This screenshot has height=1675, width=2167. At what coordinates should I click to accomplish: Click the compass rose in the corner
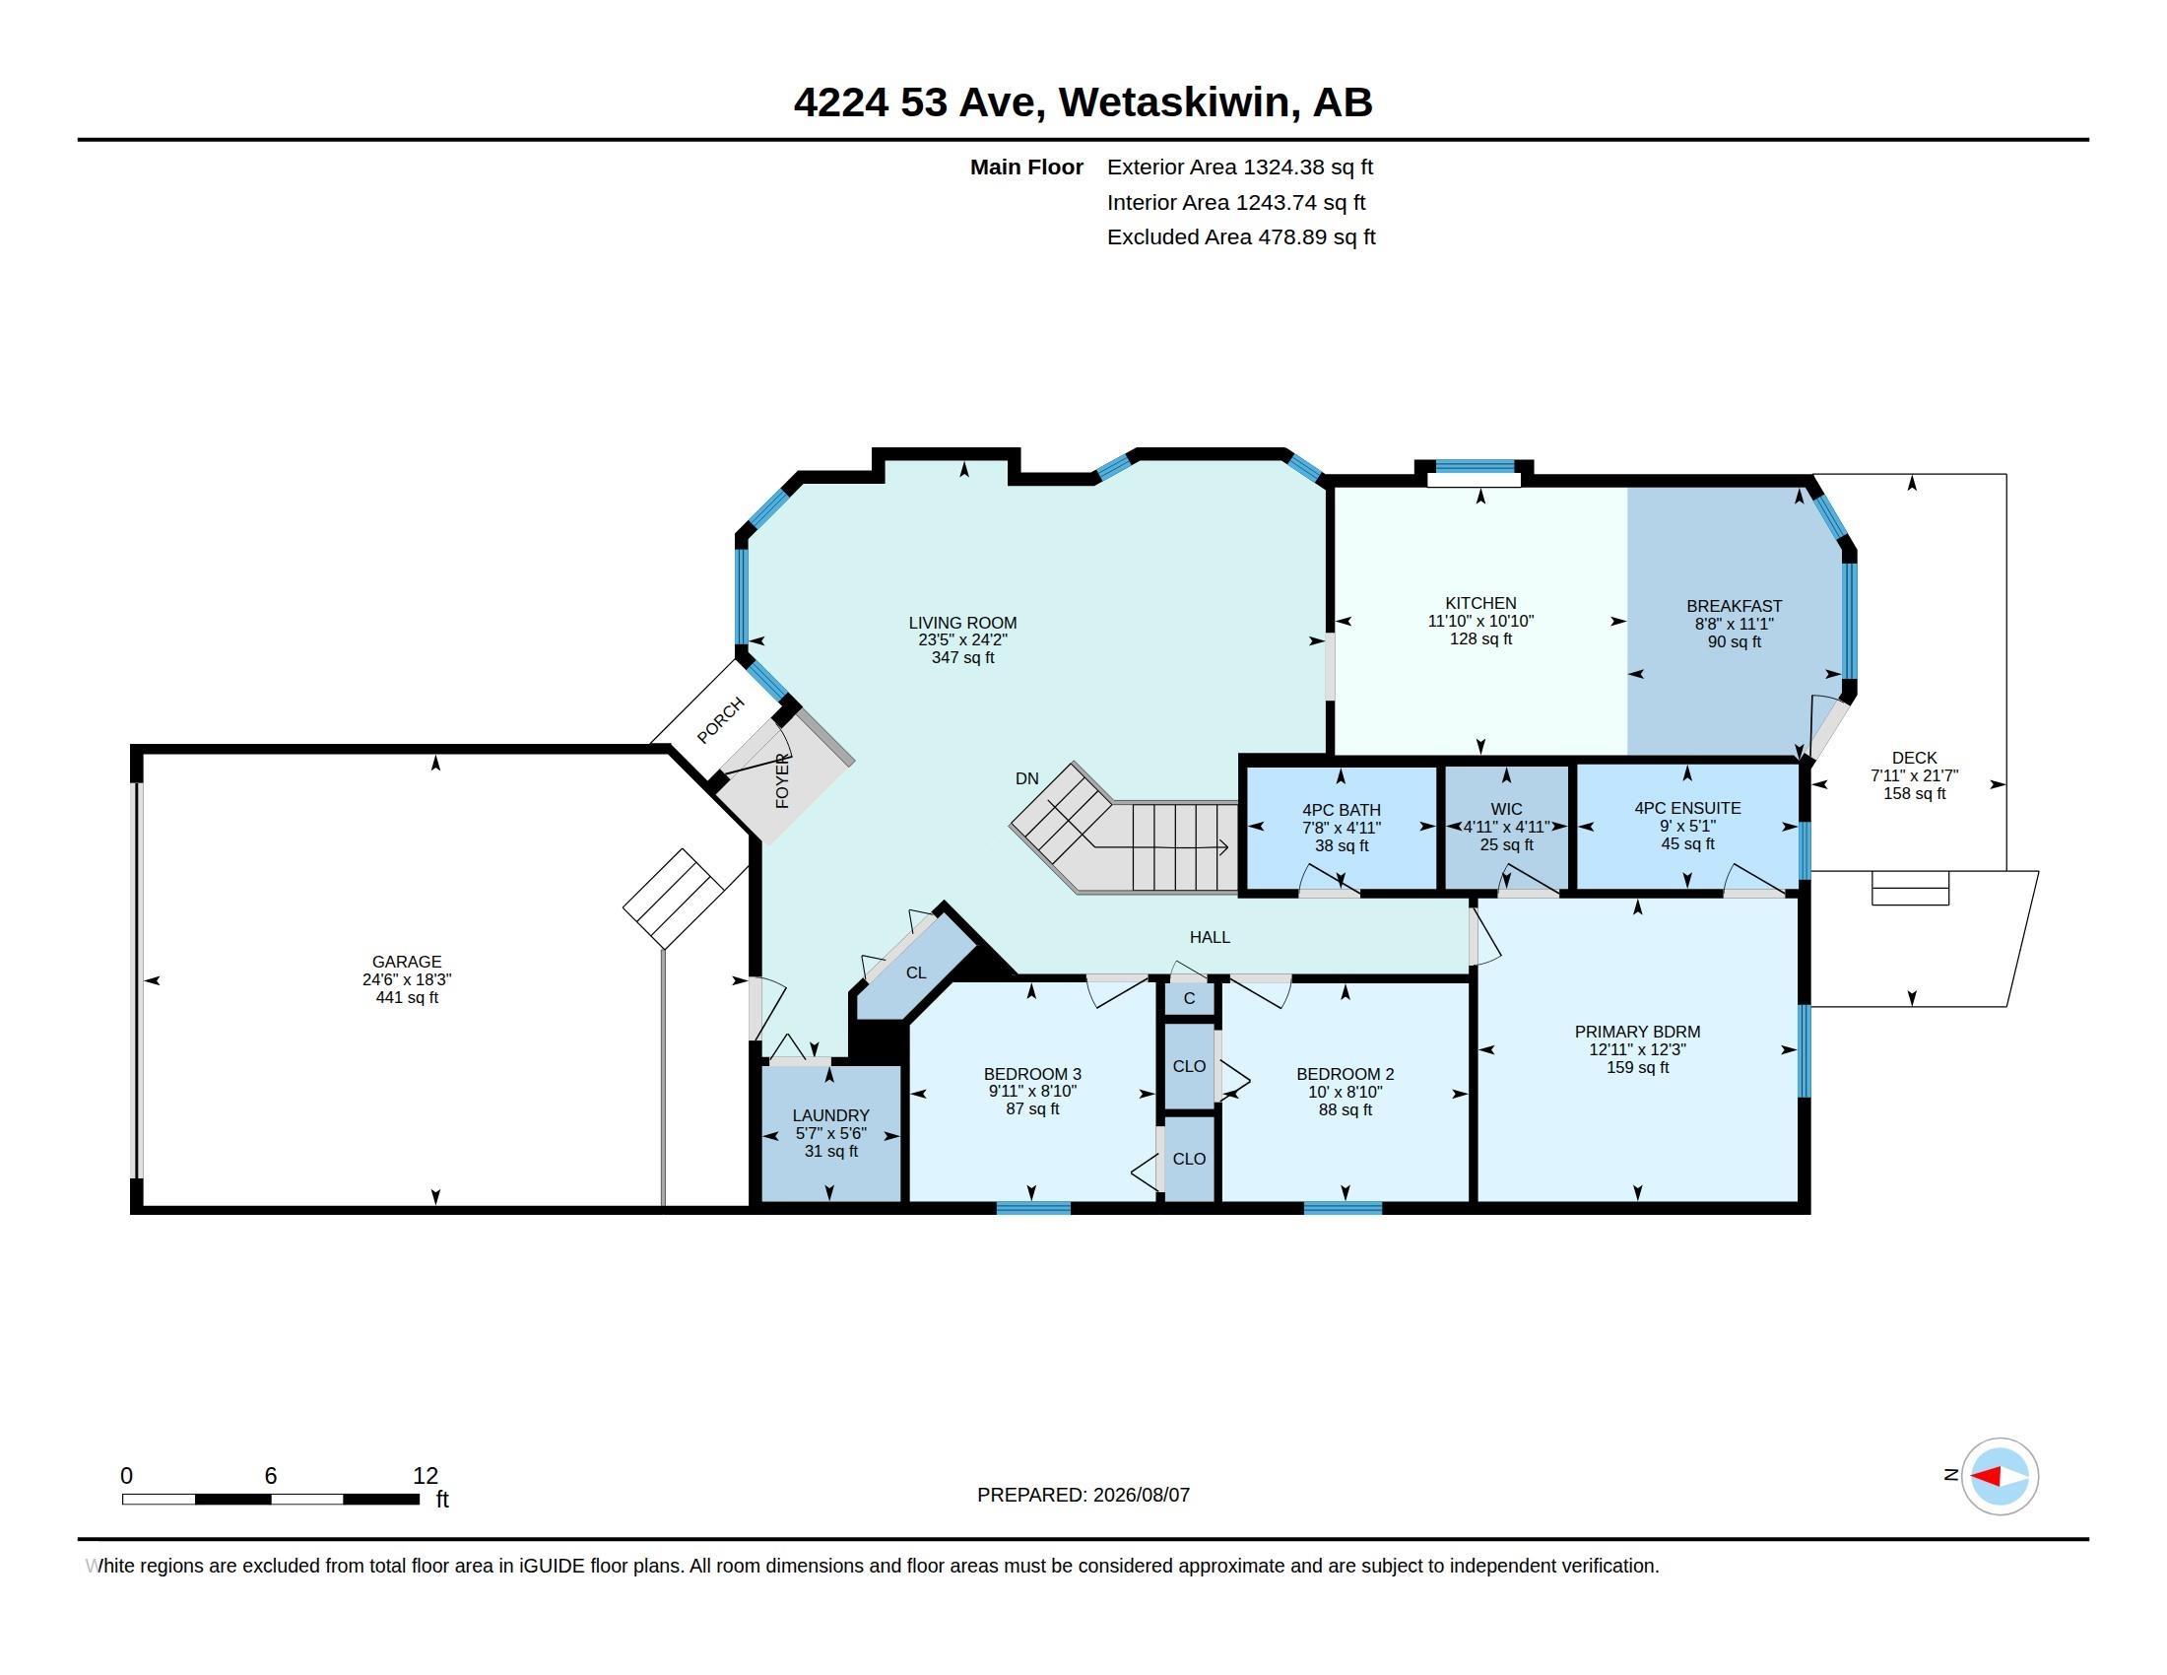click(x=1999, y=1476)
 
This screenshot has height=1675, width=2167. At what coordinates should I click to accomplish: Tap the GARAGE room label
click(x=407, y=962)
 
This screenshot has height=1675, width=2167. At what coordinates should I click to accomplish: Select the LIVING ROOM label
click(x=962, y=623)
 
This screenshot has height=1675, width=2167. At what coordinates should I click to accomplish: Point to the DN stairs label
click(x=1027, y=779)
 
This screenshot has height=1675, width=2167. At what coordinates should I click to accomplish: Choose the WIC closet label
click(x=1506, y=809)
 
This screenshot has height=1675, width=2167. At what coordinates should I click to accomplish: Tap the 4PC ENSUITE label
click(x=1687, y=808)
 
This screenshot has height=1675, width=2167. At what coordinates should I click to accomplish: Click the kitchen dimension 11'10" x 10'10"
click(x=1480, y=621)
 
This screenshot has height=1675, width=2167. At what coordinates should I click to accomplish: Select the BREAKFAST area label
click(x=1735, y=606)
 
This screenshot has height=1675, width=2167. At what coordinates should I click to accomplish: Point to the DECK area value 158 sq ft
click(x=1914, y=794)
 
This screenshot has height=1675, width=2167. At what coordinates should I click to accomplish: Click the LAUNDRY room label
click(x=830, y=1115)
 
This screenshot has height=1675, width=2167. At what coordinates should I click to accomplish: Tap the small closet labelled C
click(x=1189, y=998)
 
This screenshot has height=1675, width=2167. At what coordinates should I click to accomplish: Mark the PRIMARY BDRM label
click(x=1637, y=1032)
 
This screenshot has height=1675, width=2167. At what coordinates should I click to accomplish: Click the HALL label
click(x=1210, y=937)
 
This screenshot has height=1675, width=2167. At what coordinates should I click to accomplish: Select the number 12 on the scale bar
click(x=426, y=1476)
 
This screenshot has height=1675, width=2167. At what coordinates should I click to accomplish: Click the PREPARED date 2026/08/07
click(x=1141, y=1495)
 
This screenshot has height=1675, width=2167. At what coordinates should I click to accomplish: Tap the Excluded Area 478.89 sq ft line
click(x=1241, y=237)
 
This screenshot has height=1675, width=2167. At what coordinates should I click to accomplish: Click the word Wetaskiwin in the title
click(x=1179, y=102)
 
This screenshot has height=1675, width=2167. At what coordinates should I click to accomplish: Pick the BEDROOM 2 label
click(x=1345, y=1074)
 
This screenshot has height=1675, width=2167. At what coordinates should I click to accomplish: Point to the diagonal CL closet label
click(x=916, y=972)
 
